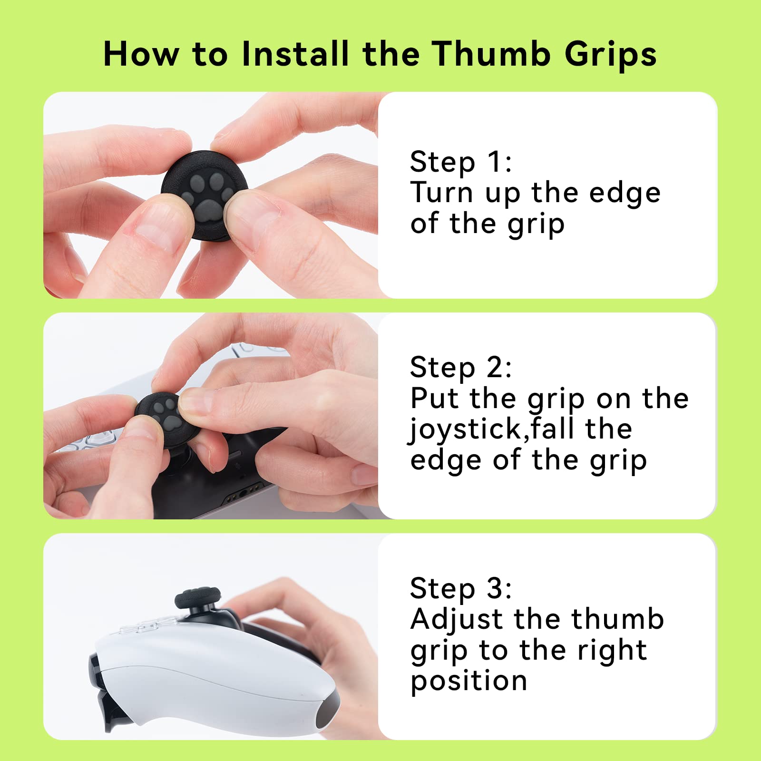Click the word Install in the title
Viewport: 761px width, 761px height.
(296, 53)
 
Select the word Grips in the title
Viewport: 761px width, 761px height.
(611, 54)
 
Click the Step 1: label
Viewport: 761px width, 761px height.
(460, 162)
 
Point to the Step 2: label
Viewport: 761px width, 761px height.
(460, 368)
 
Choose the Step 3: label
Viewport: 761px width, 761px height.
(460, 588)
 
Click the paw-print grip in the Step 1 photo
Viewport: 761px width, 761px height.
(205, 195)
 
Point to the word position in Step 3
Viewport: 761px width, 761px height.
(468, 682)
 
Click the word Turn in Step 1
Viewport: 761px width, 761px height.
(441, 193)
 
